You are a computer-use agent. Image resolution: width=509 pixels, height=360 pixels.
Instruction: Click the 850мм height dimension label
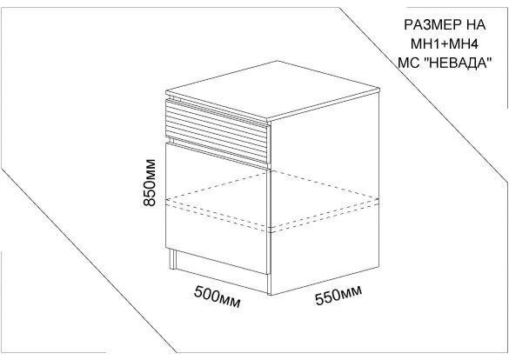(150, 183)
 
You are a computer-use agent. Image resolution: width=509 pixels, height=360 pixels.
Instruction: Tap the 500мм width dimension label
(218, 297)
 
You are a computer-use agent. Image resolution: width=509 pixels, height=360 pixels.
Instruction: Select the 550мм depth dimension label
(338, 296)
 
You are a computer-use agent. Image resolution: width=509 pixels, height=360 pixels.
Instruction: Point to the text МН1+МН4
(444, 43)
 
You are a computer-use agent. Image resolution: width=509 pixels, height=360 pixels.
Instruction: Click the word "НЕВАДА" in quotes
(458, 63)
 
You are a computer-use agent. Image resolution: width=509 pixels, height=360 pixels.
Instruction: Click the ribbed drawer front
(218, 131)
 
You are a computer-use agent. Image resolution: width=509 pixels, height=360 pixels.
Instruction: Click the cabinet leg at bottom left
(172, 259)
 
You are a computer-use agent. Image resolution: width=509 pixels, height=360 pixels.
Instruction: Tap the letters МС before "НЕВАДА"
(409, 63)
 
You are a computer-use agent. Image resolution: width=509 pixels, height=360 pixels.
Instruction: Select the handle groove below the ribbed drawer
(218, 152)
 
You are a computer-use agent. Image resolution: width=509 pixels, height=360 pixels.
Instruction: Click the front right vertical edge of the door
(269, 222)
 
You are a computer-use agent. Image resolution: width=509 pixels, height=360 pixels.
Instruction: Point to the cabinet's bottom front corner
(270, 295)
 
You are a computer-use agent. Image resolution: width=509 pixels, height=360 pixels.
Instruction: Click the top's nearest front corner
(268, 118)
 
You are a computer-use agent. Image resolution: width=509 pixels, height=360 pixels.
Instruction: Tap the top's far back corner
(277, 61)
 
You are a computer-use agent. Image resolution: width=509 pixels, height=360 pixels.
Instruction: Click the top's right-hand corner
(379, 88)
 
